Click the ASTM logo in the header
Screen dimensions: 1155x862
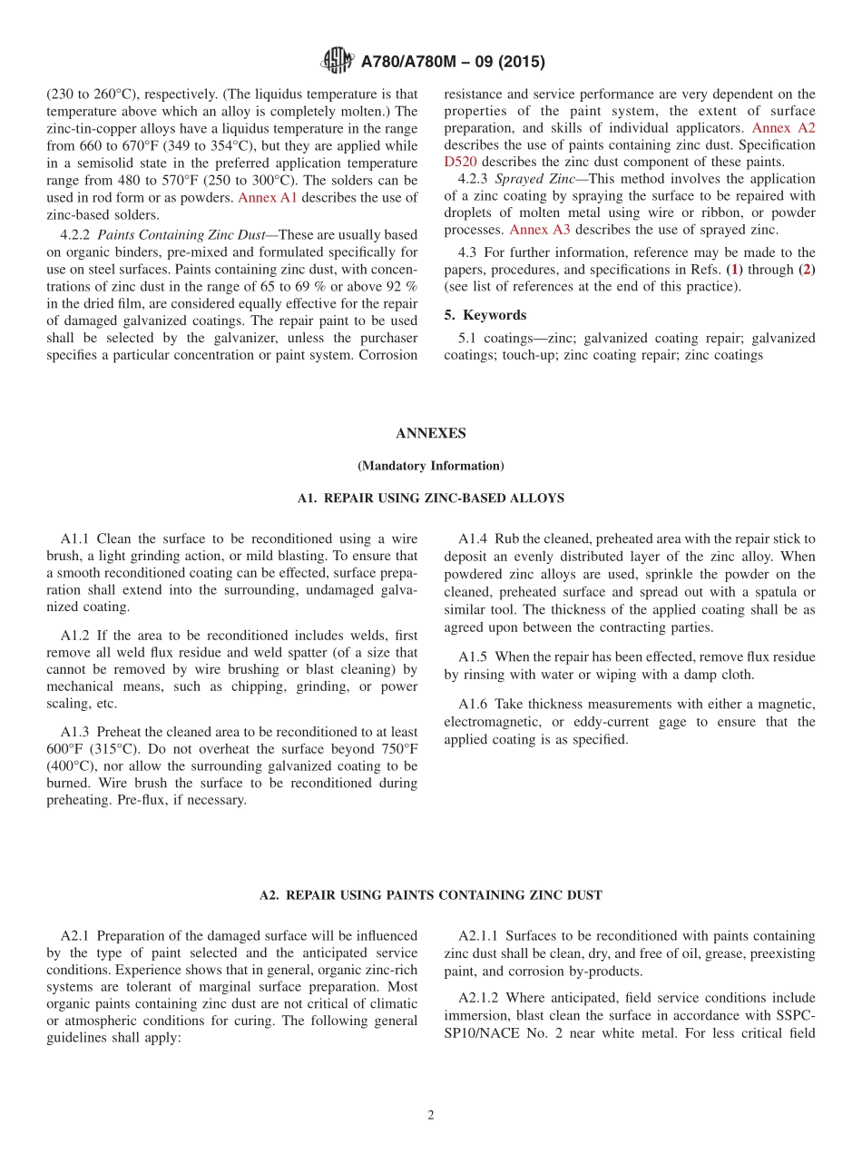338,62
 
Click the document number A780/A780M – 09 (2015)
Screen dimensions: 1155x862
453,63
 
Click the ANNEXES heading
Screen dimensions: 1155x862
430,434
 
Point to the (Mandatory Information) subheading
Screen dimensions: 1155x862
430,466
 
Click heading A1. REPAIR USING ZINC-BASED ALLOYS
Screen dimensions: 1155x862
430,499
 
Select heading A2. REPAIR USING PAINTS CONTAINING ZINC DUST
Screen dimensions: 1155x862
430,895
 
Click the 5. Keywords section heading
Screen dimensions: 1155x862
485,315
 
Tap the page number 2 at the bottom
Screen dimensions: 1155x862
431,1115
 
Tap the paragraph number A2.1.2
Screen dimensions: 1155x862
478,998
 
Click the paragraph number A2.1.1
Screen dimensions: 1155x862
478,935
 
